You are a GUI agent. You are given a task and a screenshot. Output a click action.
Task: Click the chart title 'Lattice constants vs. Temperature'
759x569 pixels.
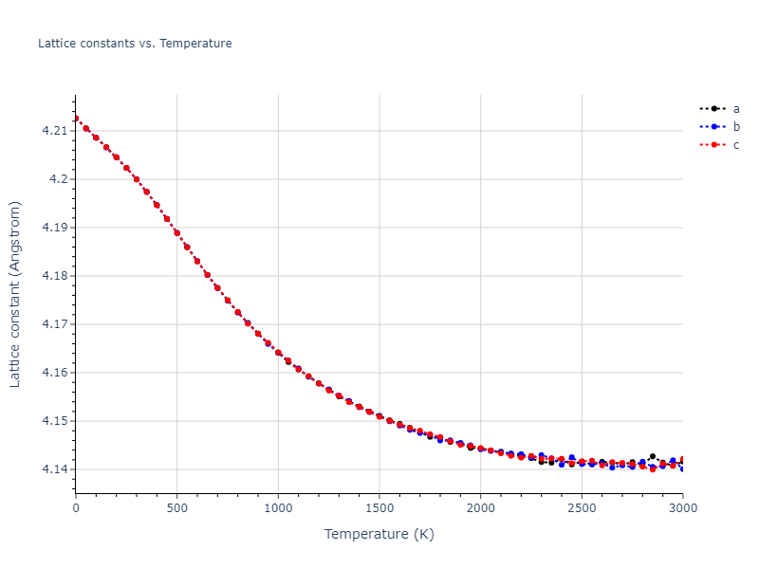tap(135, 44)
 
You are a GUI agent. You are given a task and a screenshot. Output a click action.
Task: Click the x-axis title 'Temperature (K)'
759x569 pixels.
tap(379, 535)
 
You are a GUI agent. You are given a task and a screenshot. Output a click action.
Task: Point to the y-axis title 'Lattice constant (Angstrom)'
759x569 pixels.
tap(15, 294)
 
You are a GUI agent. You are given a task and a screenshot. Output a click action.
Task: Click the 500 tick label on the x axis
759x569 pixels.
tap(177, 508)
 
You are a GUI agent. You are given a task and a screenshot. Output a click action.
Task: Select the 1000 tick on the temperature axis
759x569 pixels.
tap(278, 508)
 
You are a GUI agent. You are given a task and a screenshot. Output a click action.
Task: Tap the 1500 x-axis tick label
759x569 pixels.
tap(379, 508)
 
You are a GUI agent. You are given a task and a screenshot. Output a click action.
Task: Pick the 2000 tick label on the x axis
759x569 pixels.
tap(480, 508)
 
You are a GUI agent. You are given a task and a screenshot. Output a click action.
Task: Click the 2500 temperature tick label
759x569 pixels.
tap(582, 508)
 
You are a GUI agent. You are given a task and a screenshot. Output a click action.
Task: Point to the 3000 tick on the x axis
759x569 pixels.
tap(682, 508)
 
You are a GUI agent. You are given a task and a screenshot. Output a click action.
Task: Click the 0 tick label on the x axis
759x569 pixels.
tap(76, 508)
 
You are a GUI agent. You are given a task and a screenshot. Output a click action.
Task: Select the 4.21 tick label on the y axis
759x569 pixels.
tap(55, 131)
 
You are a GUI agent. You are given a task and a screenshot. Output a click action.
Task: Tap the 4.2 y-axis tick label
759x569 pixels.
tap(59, 179)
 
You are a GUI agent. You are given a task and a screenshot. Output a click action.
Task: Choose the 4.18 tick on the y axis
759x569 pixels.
tap(55, 276)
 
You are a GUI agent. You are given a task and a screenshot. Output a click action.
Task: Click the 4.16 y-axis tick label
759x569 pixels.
tap(55, 373)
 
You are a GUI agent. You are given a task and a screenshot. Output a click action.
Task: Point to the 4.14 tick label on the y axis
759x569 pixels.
tap(55, 469)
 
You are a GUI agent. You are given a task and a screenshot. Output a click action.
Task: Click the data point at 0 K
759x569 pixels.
tap(76, 119)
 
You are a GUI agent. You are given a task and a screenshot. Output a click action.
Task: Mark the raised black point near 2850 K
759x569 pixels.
tap(653, 457)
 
